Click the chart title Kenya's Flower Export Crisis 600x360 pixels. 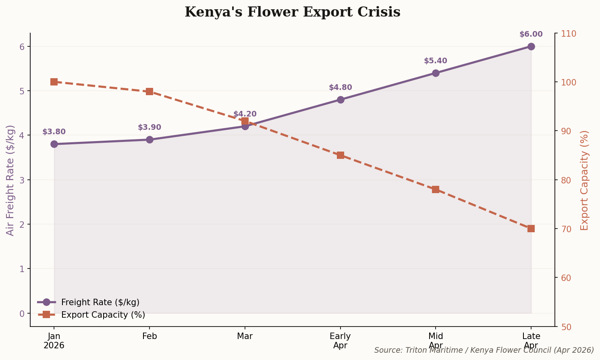(292, 12)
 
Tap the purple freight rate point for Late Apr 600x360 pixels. (531, 46)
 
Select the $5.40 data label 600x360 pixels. (435, 61)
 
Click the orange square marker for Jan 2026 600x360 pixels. (54, 82)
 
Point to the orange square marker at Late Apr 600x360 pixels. (531, 229)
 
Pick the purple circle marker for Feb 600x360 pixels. (149, 139)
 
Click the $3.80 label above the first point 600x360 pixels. (54, 132)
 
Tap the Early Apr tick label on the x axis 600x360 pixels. (340, 341)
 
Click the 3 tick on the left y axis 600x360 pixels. (22, 180)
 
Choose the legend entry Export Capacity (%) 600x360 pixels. (103, 315)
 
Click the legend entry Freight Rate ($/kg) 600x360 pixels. (100, 302)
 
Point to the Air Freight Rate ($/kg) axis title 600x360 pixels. (10, 180)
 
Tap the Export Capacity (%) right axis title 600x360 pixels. (584, 180)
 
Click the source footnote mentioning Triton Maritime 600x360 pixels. (484, 350)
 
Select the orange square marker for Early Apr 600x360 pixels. (340, 155)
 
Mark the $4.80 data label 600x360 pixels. (340, 87)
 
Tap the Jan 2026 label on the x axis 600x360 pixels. (54, 341)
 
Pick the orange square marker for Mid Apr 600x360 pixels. (435, 189)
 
